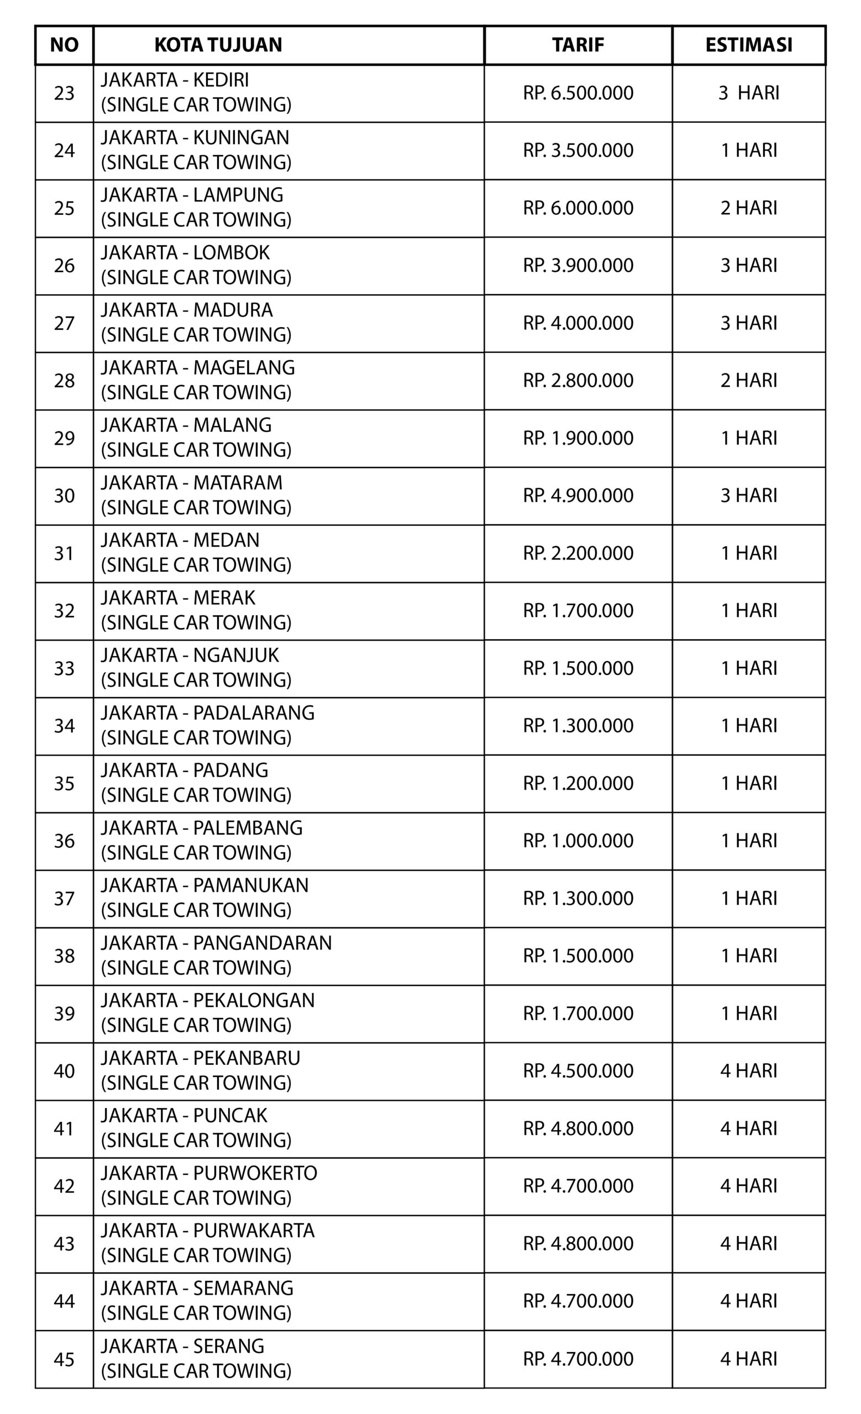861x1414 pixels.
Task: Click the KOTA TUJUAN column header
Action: (x=218, y=45)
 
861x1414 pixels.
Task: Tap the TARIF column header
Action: (x=578, y=45)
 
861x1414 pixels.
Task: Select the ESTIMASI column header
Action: (x=748, y=45)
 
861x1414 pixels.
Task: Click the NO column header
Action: (x=64, y=45)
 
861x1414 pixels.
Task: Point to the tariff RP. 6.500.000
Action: (x=578, y=93)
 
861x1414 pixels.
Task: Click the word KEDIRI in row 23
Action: (x=221, y=80)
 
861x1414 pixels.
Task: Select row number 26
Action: (x=64, y=266)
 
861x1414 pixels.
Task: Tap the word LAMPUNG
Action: (x=238, y=195)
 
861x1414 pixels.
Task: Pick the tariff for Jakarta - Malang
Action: (x=578, y=439)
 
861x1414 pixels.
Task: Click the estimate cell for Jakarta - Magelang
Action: (x=748, y=381)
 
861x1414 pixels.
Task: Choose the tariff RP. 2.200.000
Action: (x=578, y=553)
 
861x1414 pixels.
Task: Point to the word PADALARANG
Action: (x=254, y=713)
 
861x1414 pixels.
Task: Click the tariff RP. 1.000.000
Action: (x=578, y=841)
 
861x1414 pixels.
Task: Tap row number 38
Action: (x=64, y=956)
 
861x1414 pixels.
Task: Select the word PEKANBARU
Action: (x=247, y=1058)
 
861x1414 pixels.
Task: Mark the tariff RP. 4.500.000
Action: (x=578, y=1071)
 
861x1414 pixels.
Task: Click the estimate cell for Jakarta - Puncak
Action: (x=748, y=1129)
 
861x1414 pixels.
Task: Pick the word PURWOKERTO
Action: (x=255, y=1173)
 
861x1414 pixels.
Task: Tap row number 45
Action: (x=64, y=1359)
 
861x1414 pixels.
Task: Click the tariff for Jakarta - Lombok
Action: (x=578, y=266)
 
